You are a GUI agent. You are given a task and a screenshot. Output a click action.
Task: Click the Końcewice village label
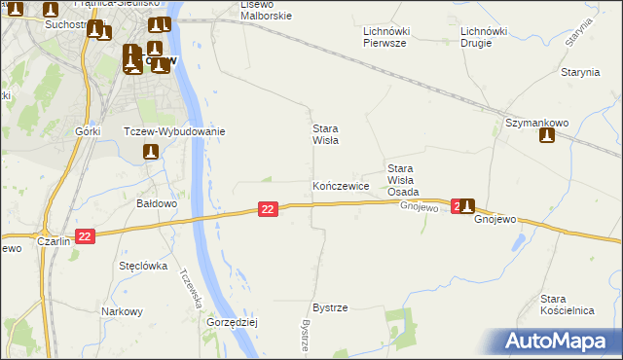coord(340,185)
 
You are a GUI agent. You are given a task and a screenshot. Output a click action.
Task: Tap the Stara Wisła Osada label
coord(403,180)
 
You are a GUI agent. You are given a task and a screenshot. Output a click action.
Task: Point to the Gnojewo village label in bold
coord(495,220)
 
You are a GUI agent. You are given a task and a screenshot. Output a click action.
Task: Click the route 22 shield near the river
coord(270,209)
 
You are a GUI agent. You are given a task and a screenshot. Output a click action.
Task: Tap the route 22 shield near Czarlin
coord(85,236)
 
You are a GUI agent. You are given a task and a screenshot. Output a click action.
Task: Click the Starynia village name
coord(579,73)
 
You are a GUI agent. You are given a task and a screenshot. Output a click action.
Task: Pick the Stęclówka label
coord(143,266)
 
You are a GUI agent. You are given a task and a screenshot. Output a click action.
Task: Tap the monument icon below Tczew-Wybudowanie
coord(150,152)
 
